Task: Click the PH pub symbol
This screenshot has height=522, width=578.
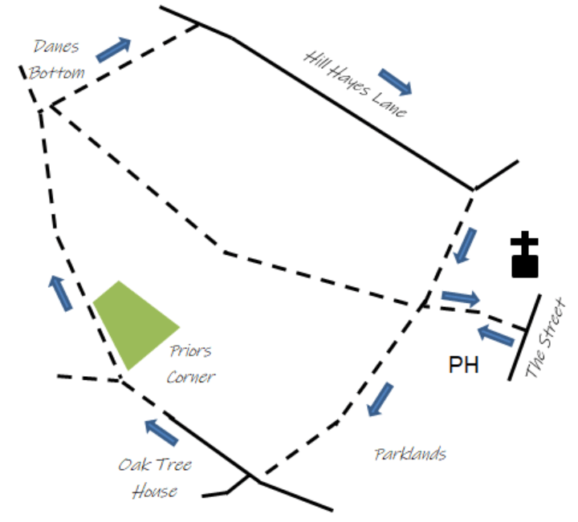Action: pos(463,366)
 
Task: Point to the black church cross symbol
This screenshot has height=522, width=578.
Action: pos(525,255)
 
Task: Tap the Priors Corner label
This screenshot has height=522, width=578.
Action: pos(191,363)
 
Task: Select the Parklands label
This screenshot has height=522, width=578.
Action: pos(410,454)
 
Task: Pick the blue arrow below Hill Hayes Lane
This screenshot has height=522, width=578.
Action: pos(395,81)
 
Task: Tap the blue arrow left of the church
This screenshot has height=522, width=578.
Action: pos(465,245)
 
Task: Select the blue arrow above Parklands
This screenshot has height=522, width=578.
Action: pos(381,399)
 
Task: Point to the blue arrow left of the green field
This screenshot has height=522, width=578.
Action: pos(60,292)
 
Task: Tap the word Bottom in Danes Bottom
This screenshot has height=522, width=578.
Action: pos(57,72)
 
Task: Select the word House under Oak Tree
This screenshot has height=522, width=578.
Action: pos(155,491)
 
